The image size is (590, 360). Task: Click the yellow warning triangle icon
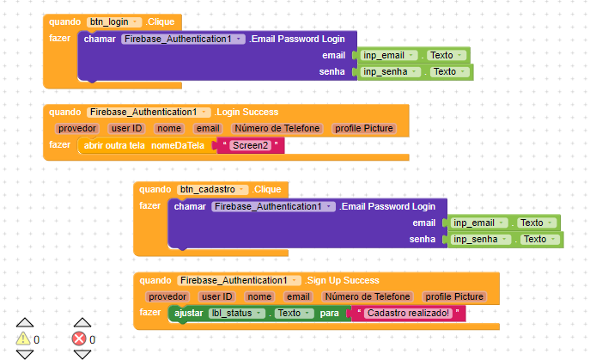tap(23, 339)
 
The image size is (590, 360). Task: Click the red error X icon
tap(79, 339)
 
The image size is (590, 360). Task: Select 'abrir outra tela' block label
tap(114, 145)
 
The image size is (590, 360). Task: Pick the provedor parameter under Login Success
tap(77, 128)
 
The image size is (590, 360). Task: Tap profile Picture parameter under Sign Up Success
tap(455, 296)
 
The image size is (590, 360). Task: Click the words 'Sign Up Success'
tap(344, 280)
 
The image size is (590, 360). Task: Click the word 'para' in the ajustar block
tap(330, 314)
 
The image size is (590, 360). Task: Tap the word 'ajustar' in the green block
tap(189, 314)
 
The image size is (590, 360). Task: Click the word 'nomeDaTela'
tap(178, 145)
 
